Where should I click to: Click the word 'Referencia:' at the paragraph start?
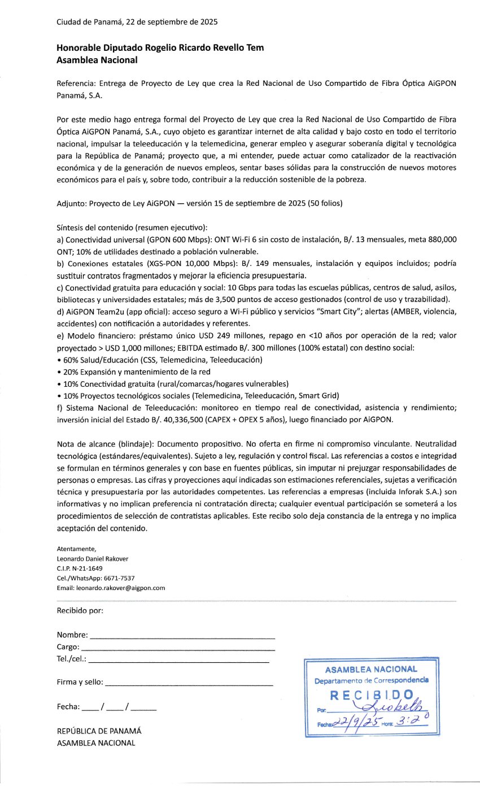coord(77,84)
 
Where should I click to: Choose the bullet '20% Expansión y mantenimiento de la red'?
coord(136,372)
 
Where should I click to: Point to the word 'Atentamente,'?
coord(77,549)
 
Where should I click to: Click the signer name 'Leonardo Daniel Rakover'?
coord(93,559)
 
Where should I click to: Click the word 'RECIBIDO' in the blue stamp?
coord(372,695)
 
